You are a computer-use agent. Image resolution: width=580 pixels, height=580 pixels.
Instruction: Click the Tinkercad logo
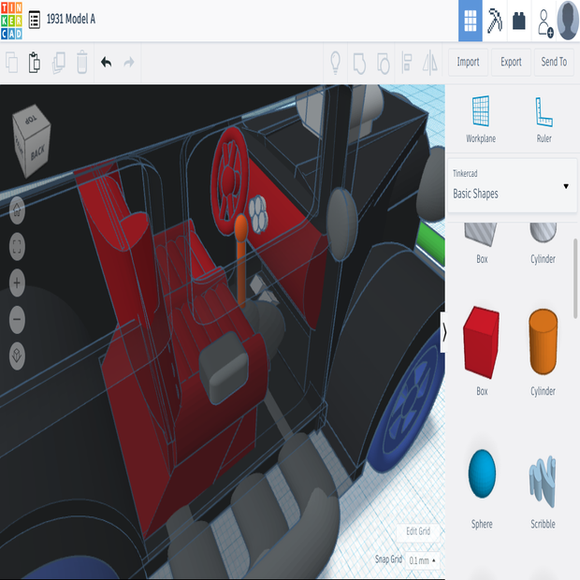(x=11, y=20)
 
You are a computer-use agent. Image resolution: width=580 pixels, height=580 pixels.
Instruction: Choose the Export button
(x=511, y=62)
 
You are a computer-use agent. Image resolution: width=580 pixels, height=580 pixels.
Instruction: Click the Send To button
(x=554, y=62)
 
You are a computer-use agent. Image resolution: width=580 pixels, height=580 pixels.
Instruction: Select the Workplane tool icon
(x=482, y=112)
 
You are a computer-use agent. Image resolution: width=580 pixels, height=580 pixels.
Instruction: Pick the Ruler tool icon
(x=544, y=112)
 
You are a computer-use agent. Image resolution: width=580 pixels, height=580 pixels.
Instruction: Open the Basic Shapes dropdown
(x=511, y=186)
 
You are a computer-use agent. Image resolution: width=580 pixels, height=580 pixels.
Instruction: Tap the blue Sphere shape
(x=482, y=473)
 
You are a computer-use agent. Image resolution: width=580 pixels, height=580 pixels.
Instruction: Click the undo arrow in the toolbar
(x=106, y=63)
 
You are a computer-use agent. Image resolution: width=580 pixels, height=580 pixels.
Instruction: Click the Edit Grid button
(x=418, y=531)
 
